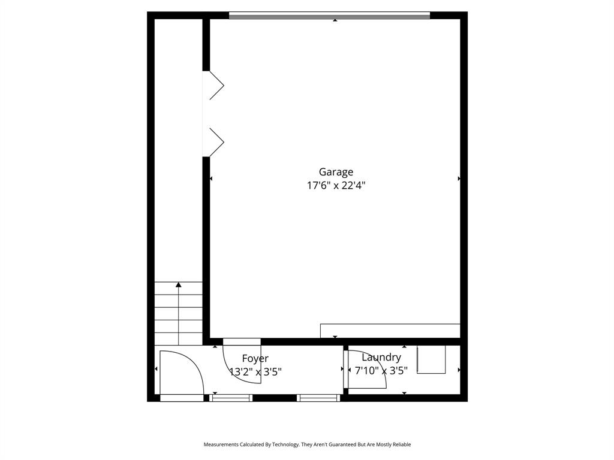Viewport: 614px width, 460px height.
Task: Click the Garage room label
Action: pos(336,172)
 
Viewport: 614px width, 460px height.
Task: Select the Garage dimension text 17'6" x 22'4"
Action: pos(336,186)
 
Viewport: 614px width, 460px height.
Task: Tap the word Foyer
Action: pos(255,358)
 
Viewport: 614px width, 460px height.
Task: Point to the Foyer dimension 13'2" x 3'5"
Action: pos(255,372)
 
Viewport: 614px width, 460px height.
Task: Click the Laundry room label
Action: pos(381,357)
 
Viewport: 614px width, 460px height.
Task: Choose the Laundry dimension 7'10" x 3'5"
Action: pos(381,371)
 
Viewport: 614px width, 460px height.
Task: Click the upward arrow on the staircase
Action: pos(179,285)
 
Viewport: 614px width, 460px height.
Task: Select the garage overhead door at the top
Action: pos(329,16)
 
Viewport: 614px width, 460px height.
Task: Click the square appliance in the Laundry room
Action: pos(431,359)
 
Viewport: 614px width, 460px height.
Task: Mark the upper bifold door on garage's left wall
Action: pos(215,84)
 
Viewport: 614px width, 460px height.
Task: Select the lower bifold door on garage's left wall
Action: pos(215,142)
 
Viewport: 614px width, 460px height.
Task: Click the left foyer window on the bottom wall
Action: pos(231,398)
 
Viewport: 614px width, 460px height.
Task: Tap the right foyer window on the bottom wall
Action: pos(318,398)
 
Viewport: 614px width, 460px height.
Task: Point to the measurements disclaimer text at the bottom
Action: pos(307,444)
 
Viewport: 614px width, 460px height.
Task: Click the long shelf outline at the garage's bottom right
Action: pos(390,331)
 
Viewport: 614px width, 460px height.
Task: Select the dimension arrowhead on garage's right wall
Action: pos(459,178)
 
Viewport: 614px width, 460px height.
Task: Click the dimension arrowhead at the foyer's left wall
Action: pos(156,369)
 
